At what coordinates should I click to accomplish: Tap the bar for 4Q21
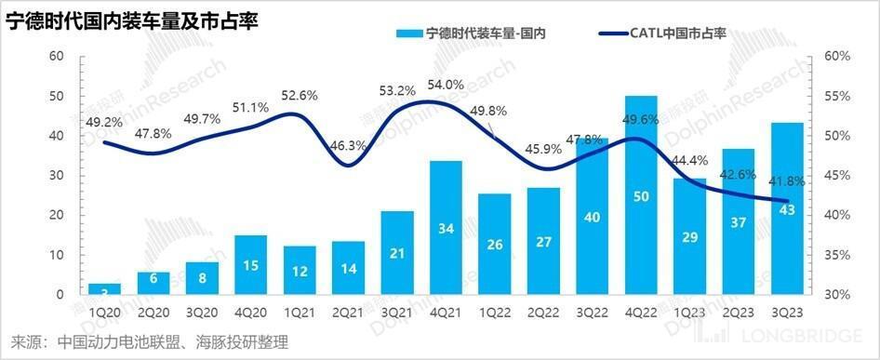(x=446, y=228)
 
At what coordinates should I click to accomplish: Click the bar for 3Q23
(x=787, y=208)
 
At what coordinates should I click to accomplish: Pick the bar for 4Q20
(x=250, y=265)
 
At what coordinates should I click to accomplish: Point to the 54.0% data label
(x=445, y=85)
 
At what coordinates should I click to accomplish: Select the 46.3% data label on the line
(x=348, y=145)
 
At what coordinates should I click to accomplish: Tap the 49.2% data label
(x=103, y=121)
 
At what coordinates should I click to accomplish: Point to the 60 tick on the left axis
(x=55, y=57)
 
